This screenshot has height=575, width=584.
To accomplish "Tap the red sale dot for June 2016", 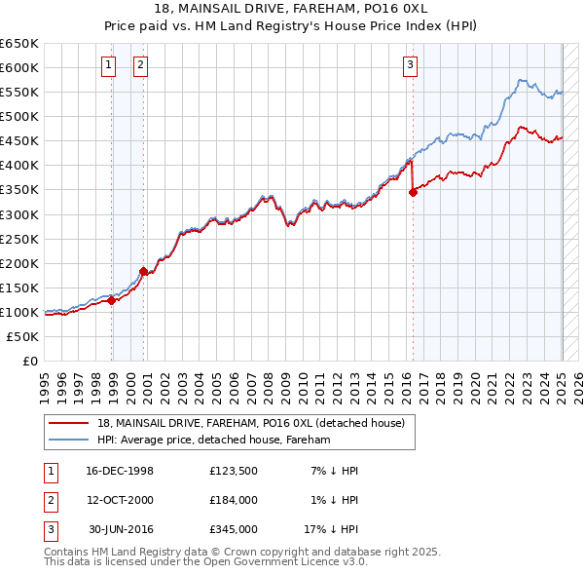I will pos(413,192).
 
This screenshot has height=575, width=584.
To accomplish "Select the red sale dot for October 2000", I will pos(143,271).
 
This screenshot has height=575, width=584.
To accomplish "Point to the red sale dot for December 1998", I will pos(112,300).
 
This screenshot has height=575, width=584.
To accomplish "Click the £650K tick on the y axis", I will pos(19,44).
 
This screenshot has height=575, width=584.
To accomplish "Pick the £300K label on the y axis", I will pos(19,214).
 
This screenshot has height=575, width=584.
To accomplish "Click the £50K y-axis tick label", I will pos(23,336).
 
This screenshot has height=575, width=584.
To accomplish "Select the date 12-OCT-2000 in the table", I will pos(119,500).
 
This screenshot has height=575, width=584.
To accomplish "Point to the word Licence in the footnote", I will pos(311,562).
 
